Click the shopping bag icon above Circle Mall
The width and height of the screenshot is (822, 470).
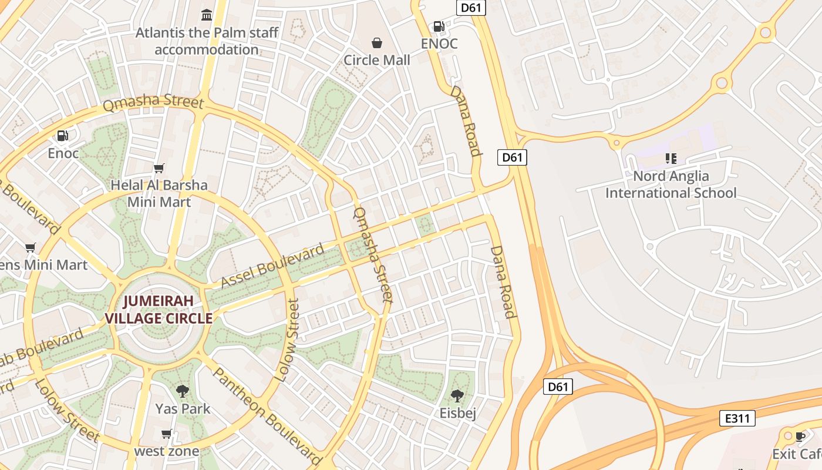tap(377, 43)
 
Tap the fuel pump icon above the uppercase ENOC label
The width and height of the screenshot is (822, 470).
tap(439, 26)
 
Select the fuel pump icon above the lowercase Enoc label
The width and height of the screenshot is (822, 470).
tap(62, 136)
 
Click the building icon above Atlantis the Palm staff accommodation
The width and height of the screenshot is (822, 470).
tap(207, 15)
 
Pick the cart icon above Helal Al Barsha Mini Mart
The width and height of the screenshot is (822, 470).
tap(159, 169)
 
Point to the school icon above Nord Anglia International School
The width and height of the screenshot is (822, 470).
tap(671, 158)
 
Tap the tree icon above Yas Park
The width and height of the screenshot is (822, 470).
tap(183, 391)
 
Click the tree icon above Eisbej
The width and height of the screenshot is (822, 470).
tap(457, 395)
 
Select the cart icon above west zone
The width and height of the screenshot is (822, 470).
tap(167, 434)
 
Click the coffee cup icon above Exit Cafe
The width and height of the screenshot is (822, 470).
tap(800, 437)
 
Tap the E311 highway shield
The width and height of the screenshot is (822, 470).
tap(737, 418)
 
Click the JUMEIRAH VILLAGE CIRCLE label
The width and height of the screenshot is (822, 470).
tap(159, 310)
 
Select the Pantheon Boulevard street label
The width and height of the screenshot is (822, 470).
tap(266, 413)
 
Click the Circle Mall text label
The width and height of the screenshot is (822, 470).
tap(377, 60)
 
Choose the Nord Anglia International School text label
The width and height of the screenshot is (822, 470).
tap(671, 184)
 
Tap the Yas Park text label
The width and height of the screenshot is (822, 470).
tap(183, 408)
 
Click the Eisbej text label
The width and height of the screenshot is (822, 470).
tap(458, 413)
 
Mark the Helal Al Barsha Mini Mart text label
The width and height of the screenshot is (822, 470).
tap(159, 193)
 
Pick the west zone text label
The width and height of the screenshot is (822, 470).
tap(167, 451)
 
